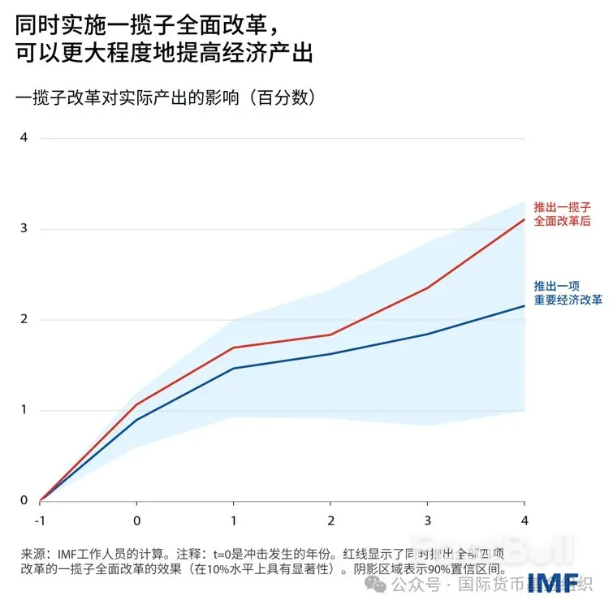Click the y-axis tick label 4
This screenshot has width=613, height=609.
coord(24,137)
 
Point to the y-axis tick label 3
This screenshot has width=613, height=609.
coord(24,228)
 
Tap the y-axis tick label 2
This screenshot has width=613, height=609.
coord(24,319)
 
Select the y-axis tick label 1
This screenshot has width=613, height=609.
coord(24,410)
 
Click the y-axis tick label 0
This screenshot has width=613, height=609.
coord(24,501)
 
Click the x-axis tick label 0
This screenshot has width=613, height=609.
coord(136,519)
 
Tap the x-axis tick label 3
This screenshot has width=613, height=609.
coord(427,519)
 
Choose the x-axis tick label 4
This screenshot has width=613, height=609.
coord(524,519)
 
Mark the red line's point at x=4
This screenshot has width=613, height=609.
coord(524,219)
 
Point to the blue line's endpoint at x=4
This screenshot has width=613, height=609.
coord(524,305)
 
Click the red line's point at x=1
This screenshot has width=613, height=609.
coord(233,348)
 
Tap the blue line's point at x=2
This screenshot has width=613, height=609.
coord(330,354)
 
